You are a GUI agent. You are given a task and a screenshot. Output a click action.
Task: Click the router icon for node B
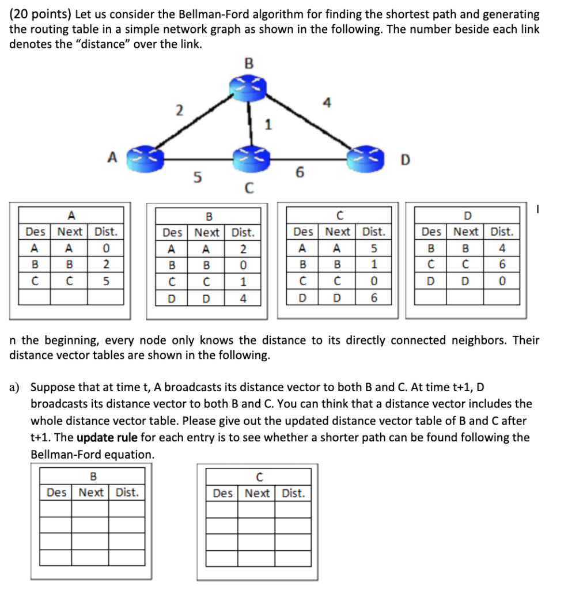click(x=248, y=86)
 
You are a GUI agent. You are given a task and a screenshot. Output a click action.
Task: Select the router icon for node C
click(x=249, y=155)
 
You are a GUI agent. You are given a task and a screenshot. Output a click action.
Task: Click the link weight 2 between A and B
click(x=180, y=110)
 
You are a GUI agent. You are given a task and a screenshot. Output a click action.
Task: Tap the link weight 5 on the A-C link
click(x=198, y=178)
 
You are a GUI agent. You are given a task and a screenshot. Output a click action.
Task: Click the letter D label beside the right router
click(x=405, y=160)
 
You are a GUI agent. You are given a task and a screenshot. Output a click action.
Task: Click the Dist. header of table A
click(x=105, y=232)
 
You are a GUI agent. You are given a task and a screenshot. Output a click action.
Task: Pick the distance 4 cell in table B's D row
click(x=243, y=298)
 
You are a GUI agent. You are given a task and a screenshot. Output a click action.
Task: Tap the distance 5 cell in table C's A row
click(x=374, y=249)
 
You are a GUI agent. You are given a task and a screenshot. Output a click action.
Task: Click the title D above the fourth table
click(x=467, y=216)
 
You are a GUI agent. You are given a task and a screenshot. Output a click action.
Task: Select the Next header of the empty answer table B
click(x=91, y=492)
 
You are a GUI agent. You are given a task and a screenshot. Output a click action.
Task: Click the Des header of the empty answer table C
click(x=222, y=493)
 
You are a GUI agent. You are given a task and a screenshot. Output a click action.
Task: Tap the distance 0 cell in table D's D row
click(x=502, y=282)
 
